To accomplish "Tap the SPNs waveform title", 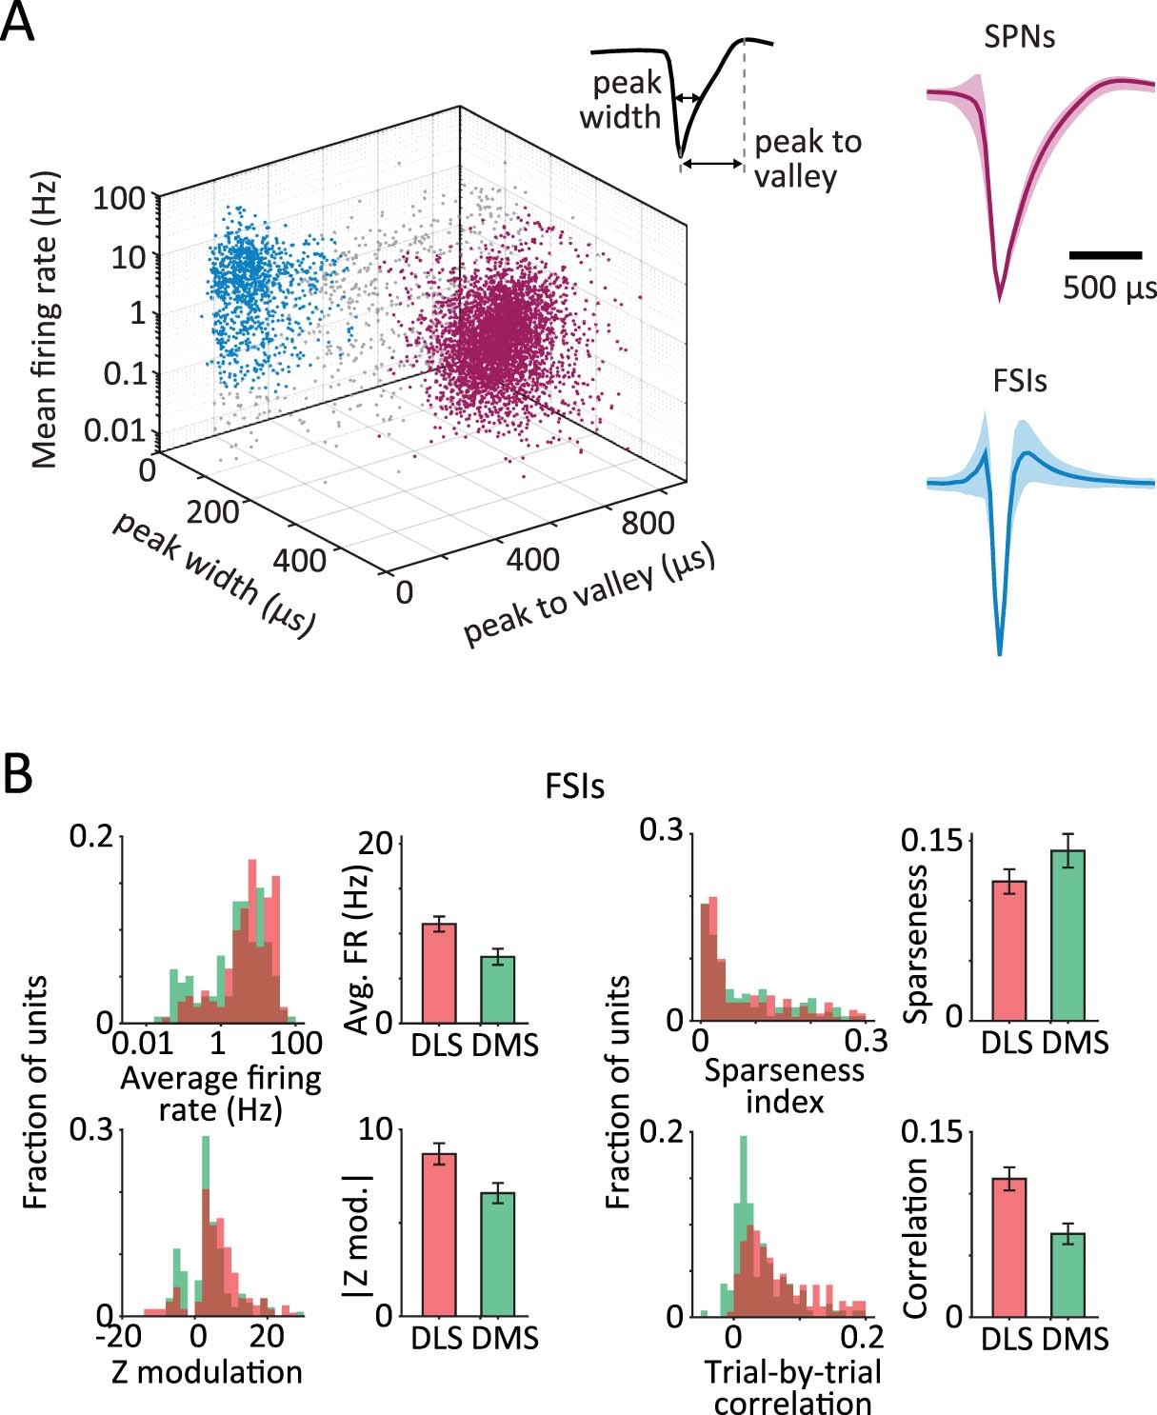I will [x=1019, y=38].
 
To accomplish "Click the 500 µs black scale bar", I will [x=1105, y=255].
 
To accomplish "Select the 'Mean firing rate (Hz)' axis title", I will [x=45, y=319].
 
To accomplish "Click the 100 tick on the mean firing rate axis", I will [x=119, y=199].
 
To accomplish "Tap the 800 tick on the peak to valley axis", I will [x=648, y=523].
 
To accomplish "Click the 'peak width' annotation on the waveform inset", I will [x=621, y=100].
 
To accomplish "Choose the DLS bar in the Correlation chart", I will [x=1008, y=1246].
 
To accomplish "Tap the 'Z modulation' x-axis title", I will [x=207, y=1372].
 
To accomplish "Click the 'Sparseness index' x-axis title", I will [x=785, y=1086].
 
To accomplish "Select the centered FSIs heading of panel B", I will [x=575, y=787].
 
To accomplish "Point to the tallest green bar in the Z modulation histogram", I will [x=205, y=1228].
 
